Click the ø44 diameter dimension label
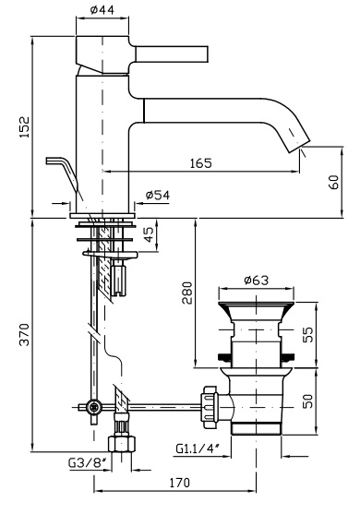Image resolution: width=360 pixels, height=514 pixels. tap(102, 10)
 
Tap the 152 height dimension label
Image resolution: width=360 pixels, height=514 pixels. tap(25, 127)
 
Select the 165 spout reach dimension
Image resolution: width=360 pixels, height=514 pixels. tap(201, 163)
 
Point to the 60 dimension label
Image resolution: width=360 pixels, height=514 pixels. tap(333, 182)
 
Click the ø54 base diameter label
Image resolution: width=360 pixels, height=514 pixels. tap(158, 195)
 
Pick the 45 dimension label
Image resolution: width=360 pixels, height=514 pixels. tap(149, 234)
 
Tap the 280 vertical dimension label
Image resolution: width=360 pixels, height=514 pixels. tap(187, 293)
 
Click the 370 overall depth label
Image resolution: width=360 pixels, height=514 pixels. tap(25, 334)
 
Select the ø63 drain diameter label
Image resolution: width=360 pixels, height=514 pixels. tap(257, 281)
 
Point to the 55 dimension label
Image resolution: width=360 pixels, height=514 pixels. tap(308, 334)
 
